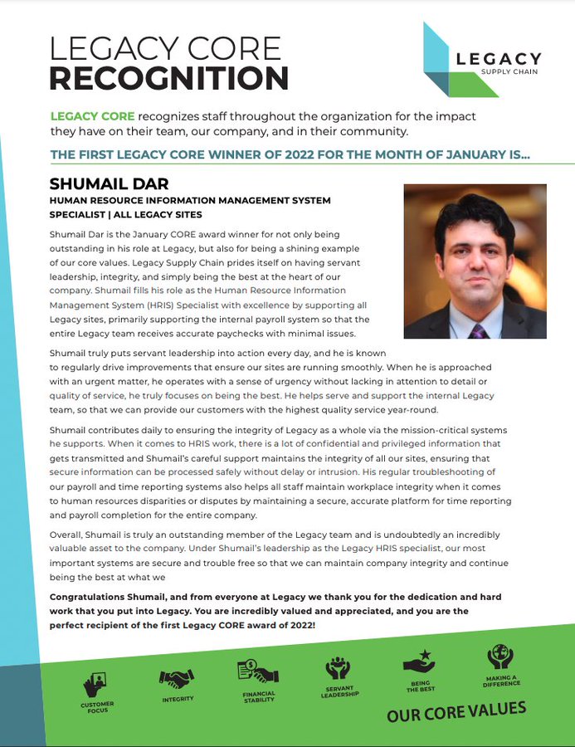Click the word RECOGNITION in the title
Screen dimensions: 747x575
point(168,78)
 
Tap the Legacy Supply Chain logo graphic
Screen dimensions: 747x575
point(448,60)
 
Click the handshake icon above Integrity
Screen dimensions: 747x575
point(177,678)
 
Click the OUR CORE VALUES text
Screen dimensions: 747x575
point(456,713)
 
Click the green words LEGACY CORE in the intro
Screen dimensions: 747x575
point(92,115)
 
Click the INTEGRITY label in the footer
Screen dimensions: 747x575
point(178,700)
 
